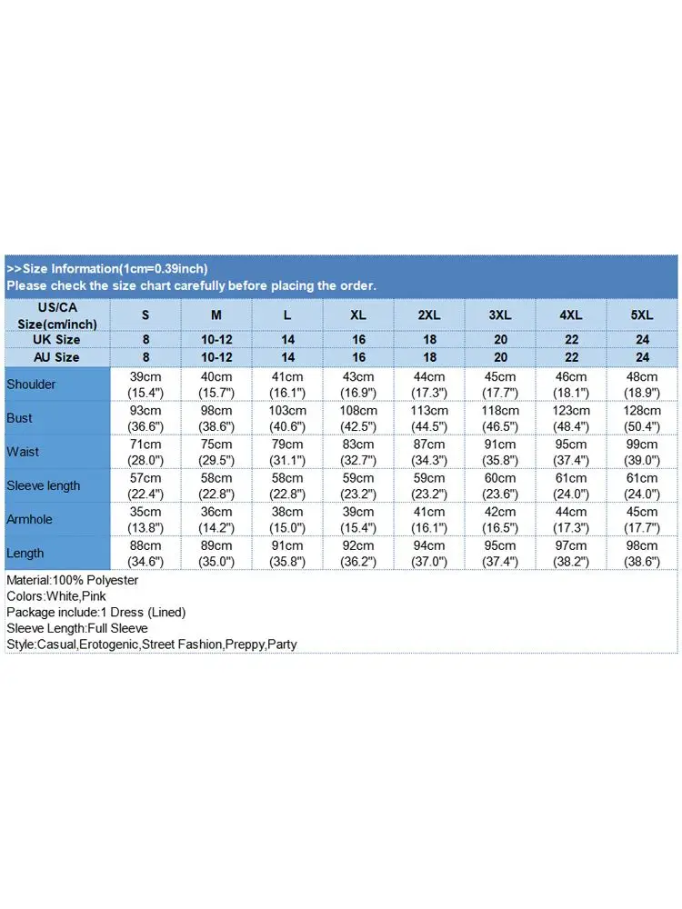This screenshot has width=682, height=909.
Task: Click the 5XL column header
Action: (642, 315)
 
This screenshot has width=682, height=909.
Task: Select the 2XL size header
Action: (429, 315)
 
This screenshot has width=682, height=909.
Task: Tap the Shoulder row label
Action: (31, 385)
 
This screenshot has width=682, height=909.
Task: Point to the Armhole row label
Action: (31, 519)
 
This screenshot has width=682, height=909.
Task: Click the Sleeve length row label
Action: (44, 485)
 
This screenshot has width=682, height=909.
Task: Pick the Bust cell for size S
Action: (145, 418)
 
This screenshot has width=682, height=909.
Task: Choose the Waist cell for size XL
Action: (358, 452)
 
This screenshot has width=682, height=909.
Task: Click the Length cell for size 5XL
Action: (642, 553)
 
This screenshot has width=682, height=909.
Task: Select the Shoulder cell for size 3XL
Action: (500, 385)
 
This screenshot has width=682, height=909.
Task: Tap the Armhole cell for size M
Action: (216, 519)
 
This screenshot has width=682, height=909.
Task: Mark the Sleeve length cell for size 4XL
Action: (571, 485)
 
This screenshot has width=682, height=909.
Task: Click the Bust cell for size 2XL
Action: (429, 418)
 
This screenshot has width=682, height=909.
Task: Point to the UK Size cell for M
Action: (216, 339)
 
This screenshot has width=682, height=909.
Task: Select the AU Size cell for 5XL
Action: (642, 357)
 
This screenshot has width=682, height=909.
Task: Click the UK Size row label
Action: (56, 339)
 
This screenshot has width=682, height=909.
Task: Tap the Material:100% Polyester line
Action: (72, 580)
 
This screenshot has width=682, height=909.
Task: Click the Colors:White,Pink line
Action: (55, 596)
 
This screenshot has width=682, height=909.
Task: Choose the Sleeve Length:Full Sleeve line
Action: (76, 628)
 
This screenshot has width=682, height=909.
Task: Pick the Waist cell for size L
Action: (287, 452)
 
